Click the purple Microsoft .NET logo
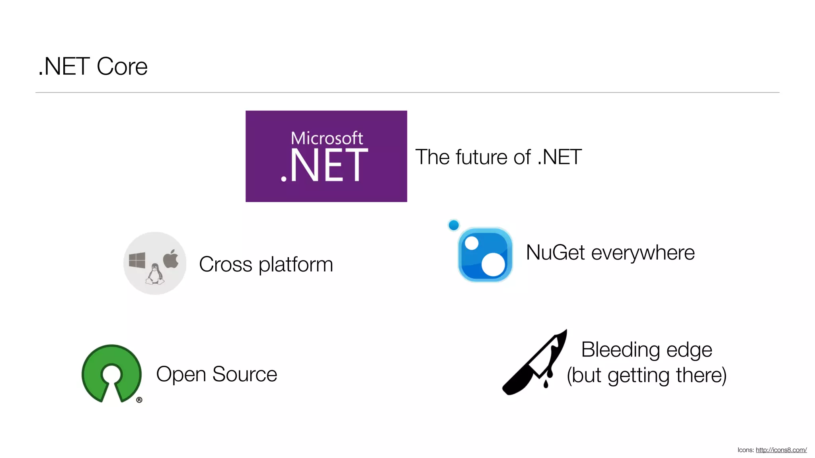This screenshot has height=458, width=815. (326, 156)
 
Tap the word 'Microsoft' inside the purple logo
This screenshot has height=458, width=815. (327, 138)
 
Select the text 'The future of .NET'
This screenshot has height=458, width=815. (498, 157)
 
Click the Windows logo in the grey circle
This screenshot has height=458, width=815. (137, 260)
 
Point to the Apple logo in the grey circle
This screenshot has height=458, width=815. (171, 259)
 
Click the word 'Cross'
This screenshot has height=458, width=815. (225, 264)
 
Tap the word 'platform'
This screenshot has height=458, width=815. (296, 265)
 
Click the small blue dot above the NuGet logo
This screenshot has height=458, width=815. (454, 225)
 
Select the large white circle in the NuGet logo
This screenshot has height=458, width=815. (493, 264)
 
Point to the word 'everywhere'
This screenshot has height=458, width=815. (643, 253)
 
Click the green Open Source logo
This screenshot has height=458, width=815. (111, 373)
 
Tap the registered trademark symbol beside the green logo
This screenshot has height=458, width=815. (139, 400)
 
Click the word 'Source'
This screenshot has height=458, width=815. (244, 374)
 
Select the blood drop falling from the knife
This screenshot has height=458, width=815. (546, 384)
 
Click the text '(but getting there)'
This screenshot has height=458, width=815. (647, 375)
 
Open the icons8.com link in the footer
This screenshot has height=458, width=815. (781, 450)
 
